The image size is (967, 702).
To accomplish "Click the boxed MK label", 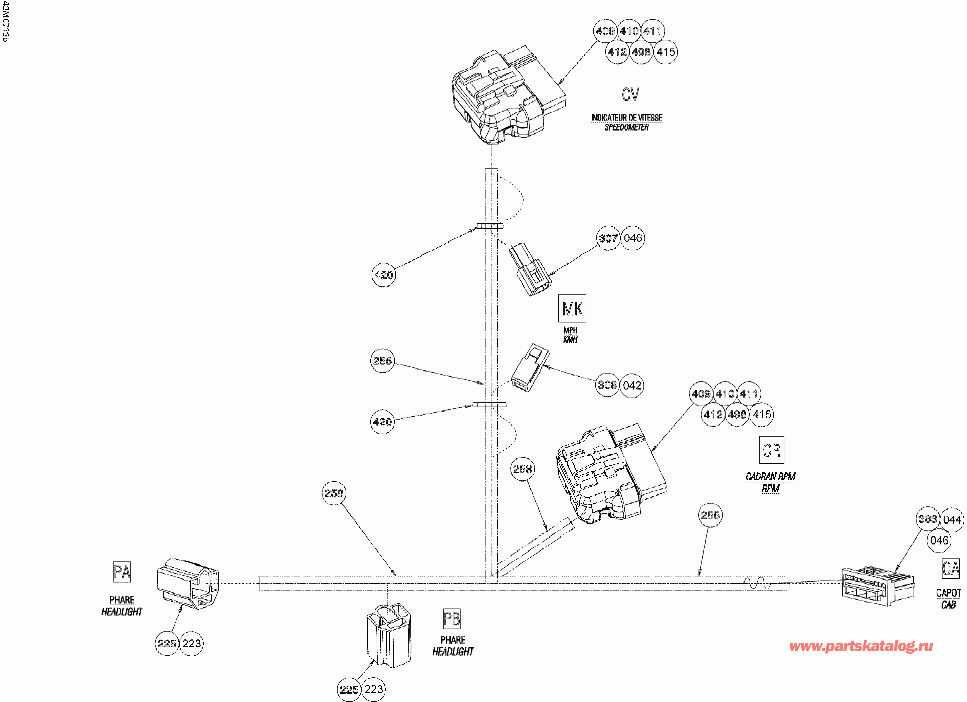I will (572, 308).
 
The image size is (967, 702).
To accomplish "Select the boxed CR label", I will (771, 450).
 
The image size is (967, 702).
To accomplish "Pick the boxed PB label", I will (451, 619).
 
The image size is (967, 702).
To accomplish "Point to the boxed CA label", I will (950, 568).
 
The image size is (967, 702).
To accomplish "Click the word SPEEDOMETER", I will (626, 128).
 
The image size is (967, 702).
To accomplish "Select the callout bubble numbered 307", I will (608, 238).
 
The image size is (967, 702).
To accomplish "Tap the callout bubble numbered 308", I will (607, 385).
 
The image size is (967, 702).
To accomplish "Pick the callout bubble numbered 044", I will (952, 520).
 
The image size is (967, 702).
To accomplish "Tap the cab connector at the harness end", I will (877, 586).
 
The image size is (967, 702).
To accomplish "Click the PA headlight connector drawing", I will (188, 582).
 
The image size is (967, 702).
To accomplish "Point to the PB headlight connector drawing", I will (388, 636).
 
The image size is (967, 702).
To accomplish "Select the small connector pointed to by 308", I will (530, 368).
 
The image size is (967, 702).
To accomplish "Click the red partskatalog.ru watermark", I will (860, 646).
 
